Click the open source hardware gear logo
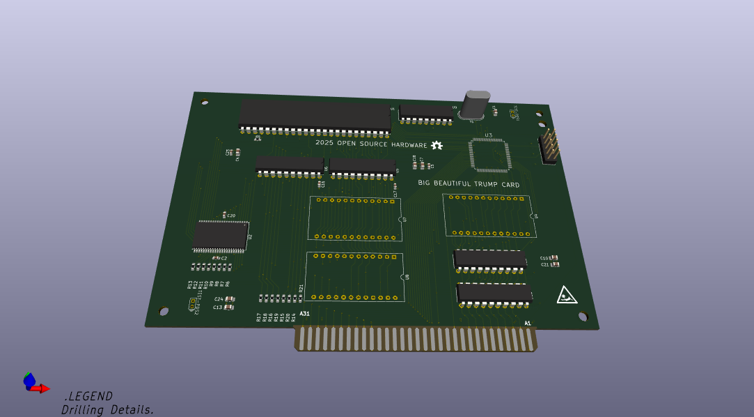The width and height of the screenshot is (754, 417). (437, 145)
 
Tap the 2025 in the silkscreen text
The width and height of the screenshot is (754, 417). (324, 142)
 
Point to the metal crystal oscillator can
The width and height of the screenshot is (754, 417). (475, 105)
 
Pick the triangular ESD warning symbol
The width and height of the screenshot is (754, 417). (566, 296)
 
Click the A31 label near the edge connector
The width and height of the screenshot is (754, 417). (304, 314)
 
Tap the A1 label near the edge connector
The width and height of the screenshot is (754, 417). (528, 323)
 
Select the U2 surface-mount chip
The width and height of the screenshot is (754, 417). (221, 236)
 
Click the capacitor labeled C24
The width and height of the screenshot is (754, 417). (230, 299)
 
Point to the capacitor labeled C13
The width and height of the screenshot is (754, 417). (229, 307)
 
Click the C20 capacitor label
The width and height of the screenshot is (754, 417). (231, 216)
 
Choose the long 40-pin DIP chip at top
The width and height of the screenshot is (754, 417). (315, 115)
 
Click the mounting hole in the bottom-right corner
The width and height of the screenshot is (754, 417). (583, 316)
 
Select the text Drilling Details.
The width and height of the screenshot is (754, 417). (107, 409)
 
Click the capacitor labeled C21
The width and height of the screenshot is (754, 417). (554, 264)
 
